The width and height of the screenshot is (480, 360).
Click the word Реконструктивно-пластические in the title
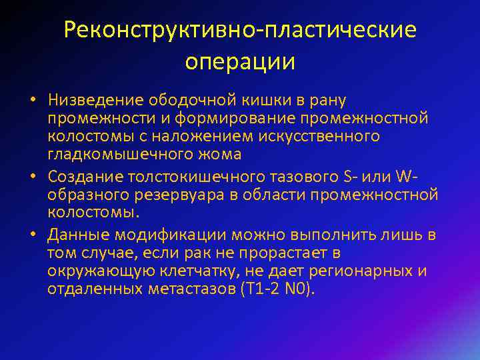point(240,29)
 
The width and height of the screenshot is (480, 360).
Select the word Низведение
point(85,100)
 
